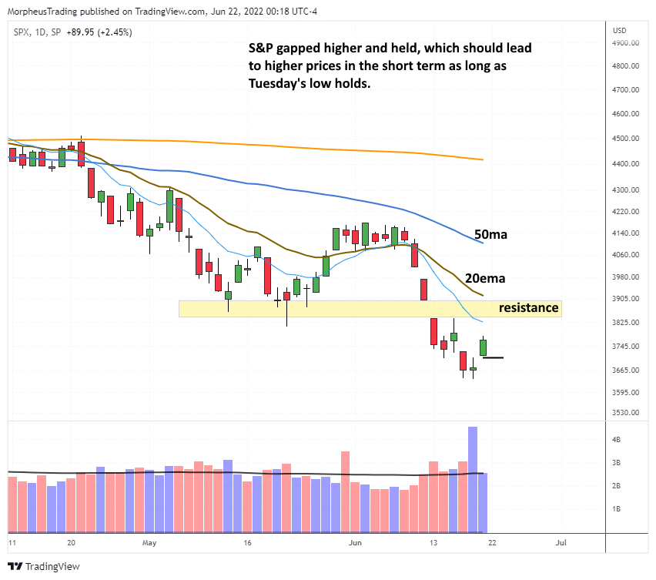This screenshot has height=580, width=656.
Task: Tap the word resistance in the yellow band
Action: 528,308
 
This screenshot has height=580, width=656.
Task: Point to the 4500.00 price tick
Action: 624,139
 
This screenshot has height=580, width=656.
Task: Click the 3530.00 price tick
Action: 624,413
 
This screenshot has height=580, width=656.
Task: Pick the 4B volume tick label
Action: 617,439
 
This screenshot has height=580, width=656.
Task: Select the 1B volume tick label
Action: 617,509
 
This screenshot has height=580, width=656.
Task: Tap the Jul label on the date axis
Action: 561,543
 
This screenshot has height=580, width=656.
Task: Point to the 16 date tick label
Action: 246,543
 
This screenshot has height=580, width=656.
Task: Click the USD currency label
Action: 618,31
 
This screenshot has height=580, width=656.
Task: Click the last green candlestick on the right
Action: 483,347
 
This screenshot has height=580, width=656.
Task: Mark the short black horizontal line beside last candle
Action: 493,357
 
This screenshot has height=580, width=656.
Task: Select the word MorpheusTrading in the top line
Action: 36,12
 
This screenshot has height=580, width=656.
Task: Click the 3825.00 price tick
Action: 624,323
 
